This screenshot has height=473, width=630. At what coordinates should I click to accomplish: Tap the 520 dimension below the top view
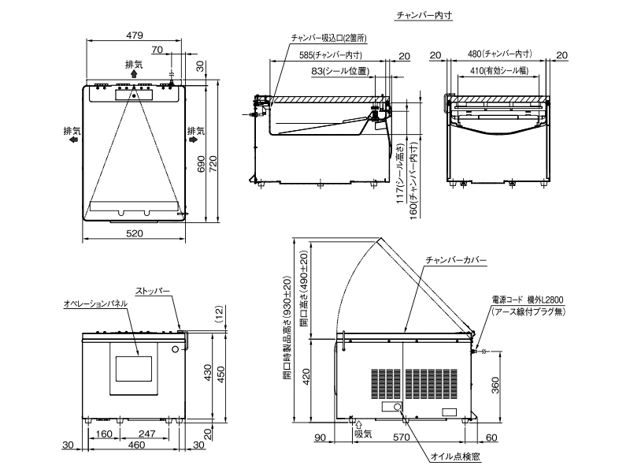click(135, 233)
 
